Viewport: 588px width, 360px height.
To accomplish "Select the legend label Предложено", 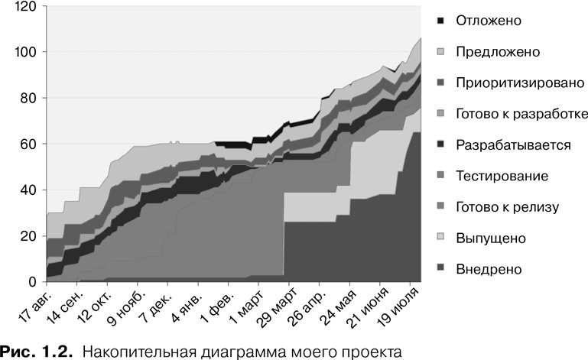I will point(497,52).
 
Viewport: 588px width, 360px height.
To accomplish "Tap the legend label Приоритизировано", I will point(520,83).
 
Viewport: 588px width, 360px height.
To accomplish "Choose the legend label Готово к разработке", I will point(521,114).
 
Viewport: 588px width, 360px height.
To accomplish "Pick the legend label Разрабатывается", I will point(512,145).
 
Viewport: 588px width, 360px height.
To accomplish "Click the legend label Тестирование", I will point(501,177).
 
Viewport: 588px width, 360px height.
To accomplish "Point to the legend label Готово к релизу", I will point(507,207).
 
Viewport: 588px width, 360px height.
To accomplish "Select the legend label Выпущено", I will point(490,238).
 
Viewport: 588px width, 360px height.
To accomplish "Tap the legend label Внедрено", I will point(488,269).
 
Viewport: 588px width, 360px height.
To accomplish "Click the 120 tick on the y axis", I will point(26,6).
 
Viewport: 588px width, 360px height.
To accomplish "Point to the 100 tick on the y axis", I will point(26,52).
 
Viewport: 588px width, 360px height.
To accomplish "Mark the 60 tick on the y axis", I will point(29,144).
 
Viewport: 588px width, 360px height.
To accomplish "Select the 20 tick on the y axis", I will point(29,236).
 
